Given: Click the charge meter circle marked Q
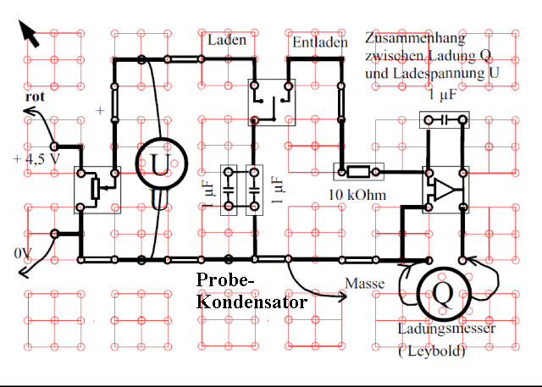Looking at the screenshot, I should pos(443,292).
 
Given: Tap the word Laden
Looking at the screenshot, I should pos(227,41).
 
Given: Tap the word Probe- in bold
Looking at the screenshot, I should pos(224,281).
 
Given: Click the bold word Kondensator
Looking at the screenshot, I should pos(251,300).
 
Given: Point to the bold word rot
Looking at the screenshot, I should pos(35,97).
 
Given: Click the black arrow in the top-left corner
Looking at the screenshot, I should pos(29,35).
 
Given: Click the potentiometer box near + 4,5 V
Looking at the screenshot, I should pos(97,188).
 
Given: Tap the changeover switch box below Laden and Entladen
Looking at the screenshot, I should pos(272,100).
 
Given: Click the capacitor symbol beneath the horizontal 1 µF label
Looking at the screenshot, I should pos(443,121).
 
